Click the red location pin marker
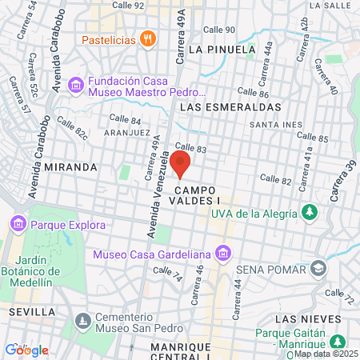pos(180,163)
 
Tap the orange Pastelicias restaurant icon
pos(147,39)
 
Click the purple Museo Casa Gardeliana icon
pos(223,254)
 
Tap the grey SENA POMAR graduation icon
pos(319,267)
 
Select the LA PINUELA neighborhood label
pos(222,49)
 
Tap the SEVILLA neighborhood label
pos(31,310)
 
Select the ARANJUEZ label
pos(127,132)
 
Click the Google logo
pos(26,350)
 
